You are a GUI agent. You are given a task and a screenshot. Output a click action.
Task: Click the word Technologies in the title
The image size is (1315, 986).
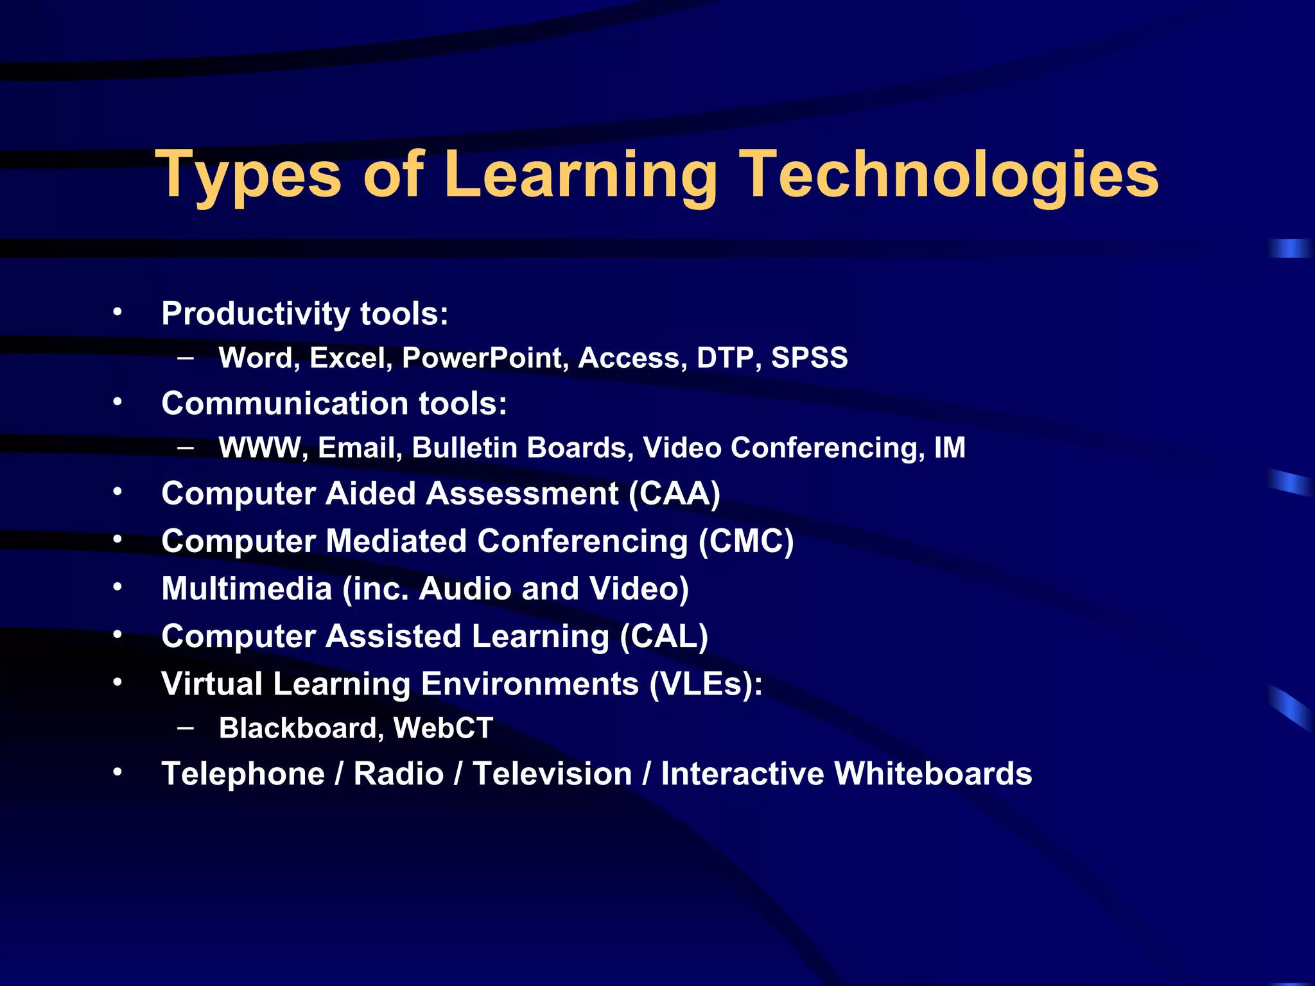pos(950,175)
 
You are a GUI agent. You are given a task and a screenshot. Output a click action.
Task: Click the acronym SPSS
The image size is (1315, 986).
pos(809,358)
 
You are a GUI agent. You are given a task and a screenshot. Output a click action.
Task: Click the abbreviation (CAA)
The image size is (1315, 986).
pos(674,494)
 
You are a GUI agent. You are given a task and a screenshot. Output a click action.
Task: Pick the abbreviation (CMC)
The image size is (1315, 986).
pos(746,541)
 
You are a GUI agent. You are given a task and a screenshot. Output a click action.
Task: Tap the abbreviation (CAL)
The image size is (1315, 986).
pos(664,636)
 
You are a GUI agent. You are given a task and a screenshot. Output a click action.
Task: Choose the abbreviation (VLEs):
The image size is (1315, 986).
pos(706,684)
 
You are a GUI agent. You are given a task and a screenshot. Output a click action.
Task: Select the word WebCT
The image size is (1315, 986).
pos(443,728)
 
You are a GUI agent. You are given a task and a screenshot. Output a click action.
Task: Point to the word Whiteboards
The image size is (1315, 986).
pos(933,774)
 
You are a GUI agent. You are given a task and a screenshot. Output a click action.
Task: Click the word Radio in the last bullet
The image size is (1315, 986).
pos(399,774)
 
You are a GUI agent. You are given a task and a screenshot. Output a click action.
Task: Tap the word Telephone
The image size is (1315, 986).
pos(243,774)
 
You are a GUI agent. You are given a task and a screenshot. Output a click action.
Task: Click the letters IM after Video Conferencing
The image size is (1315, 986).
pos(950,447)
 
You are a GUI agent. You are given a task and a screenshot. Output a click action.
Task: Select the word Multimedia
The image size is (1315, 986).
pos(247,589)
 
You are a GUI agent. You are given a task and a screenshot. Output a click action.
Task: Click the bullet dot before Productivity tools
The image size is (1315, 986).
pos(117,313)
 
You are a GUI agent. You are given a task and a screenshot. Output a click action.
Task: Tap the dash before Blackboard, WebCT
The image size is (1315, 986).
pos(186,727)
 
